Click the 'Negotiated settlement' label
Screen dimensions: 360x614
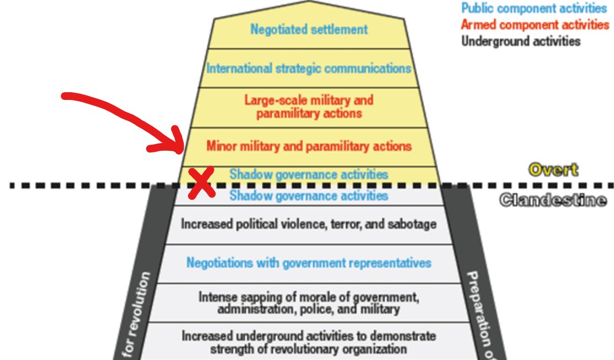(x=309, y=29)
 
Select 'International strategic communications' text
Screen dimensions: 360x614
(x=309, y=68)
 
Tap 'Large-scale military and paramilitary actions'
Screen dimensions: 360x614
(x=309, y=107)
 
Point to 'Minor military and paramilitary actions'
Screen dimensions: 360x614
(x=309, y=146)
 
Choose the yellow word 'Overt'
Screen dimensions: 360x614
(x=553, y=170)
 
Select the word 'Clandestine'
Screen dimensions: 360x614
(x=552, y=200)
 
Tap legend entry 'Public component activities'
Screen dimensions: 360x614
(x=534, y=8)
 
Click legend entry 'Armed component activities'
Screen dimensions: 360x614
(x=534, y=25)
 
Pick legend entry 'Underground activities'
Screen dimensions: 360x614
(x=521, y=41)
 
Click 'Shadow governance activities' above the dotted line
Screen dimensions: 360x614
(x=309, y=174)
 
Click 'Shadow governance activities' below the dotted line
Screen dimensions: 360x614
(x=309, y=195)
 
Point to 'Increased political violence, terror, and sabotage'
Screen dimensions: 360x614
(x=309, y=224)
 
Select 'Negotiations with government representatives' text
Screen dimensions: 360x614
(x=309, y=263)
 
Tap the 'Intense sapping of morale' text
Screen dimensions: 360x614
(x=309, y=303)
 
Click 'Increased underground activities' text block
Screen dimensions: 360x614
(x=309, y=342)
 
